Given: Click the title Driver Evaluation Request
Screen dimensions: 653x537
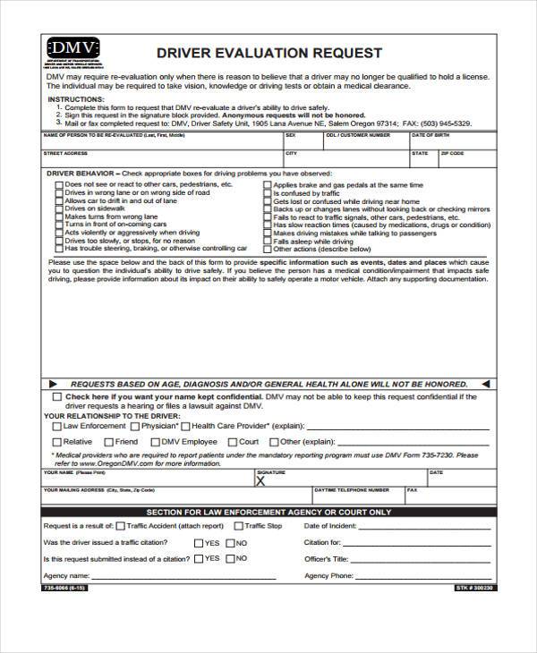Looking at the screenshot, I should tap(269, 53).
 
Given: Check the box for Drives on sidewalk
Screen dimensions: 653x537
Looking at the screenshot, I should tap(59, 208).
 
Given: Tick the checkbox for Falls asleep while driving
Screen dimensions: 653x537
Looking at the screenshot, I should tap(267, 242).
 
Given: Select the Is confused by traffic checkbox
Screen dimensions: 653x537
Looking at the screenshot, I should tap(267, 193).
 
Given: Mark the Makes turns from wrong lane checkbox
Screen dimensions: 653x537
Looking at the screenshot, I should tap(59, 216).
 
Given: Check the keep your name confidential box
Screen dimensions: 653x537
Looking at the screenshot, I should tap(57, 395).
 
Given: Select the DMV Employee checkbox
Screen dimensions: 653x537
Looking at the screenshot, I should tap(155, 442).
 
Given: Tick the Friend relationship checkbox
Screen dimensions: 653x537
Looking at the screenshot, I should tap(107, 442).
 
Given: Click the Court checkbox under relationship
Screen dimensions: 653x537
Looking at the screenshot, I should tap(231, 442).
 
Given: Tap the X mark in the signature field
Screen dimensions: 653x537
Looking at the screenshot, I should tap(261, 480).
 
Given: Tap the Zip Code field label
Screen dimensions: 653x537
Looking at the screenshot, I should tap(452, 153).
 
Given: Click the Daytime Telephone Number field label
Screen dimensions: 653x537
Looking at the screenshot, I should tap(352, 490).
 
